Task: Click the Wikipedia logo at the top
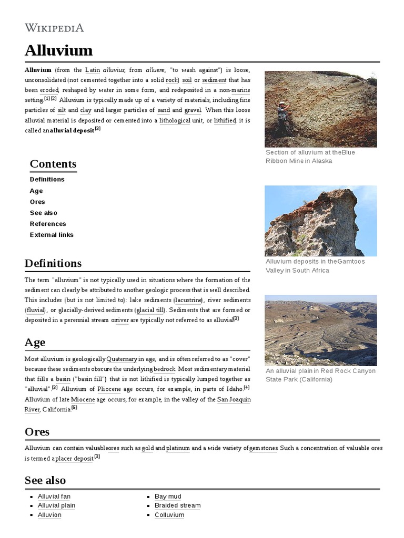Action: tap(54, 28)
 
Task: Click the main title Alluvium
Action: tap(58, 51)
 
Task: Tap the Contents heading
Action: tap(53, 163)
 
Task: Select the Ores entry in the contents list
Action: tap(37, 202)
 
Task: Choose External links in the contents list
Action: tap(52, 235)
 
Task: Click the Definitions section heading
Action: tap(53, 263)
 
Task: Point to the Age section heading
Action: tap(35, 342)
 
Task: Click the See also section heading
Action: tap(45, 480)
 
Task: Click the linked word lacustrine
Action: tap(188, 299)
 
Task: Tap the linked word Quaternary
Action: tap(122, 359)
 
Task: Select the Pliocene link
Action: tap(109, 389)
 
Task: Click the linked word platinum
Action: tap(178, 448)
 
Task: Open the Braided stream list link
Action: tap(177, 505)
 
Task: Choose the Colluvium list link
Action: tap(169, 515)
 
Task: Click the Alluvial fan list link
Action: tap(54, 496)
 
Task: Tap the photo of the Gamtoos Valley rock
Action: tap(320, 221)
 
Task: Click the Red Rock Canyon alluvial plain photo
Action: tap(320, 330)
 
